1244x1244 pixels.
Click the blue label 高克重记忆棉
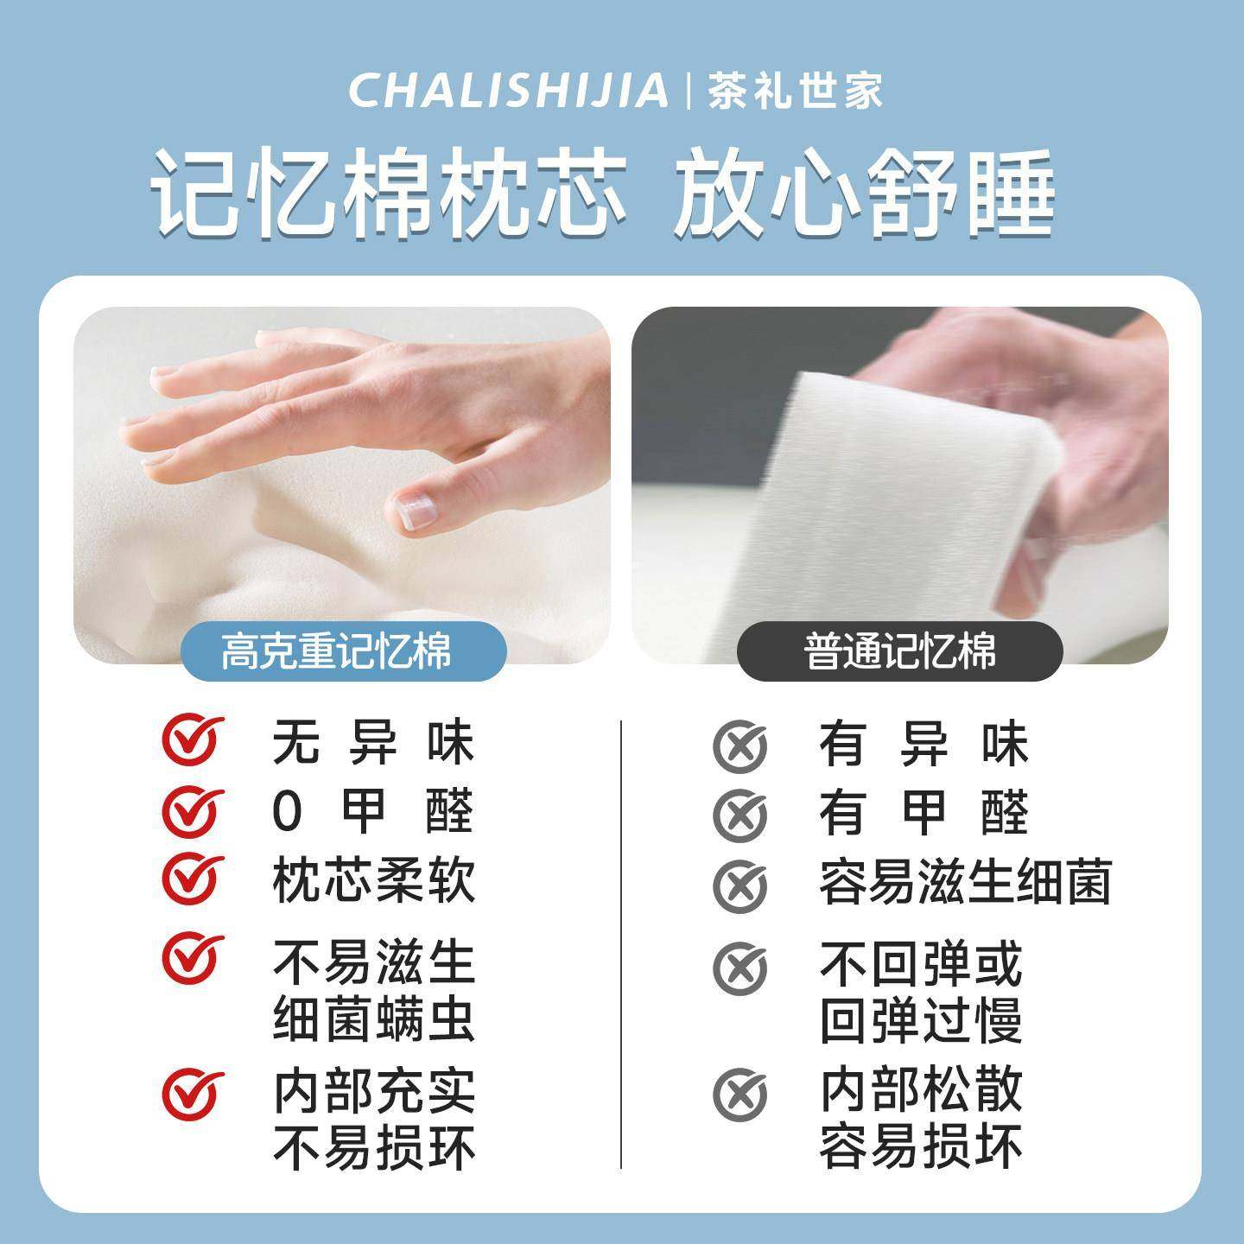[337, 651]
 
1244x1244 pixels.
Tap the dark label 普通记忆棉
[899, 651]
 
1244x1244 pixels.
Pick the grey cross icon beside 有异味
[739, 745]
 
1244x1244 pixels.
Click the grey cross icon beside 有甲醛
[739, 815]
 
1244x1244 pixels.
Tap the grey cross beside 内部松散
[739, 1094]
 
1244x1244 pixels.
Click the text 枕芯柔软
[373, 881]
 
